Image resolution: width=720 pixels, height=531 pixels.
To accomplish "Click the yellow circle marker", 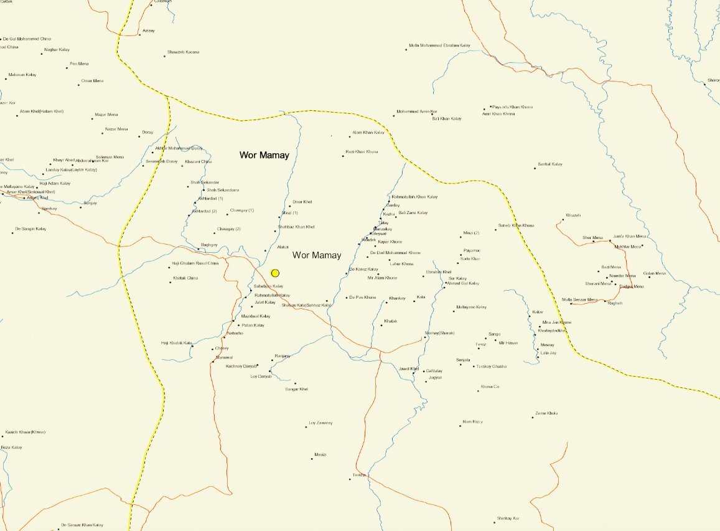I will (275, 273).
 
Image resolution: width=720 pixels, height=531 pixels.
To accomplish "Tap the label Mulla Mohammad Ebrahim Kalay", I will (439, 45).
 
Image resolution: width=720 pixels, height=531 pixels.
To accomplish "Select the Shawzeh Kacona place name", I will (184, 52).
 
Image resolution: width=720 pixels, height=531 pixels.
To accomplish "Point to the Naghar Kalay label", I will (57, 50).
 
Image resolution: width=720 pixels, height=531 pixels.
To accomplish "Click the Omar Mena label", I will (92, 81).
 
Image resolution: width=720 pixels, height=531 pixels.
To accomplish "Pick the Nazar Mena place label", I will (116, 129).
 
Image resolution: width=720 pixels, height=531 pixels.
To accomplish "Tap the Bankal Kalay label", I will (549, 164).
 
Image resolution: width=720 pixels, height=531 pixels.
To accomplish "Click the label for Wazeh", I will (573, 215).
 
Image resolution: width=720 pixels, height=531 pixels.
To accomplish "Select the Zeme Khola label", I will (546, 413).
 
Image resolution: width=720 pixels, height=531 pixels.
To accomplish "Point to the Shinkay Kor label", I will (508, 519).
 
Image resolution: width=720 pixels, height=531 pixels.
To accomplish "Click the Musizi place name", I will (320, 454).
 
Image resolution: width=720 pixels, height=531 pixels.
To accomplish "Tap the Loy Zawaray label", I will (320, 423).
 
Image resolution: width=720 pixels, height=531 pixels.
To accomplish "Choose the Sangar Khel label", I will (297, 389).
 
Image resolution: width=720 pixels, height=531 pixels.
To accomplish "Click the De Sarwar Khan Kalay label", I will (82, 525).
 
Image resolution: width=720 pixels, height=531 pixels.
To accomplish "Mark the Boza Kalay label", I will (11, 448).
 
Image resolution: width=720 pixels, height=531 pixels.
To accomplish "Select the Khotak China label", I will (185, 278).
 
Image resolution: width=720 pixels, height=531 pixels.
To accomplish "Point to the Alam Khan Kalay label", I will (368, 133).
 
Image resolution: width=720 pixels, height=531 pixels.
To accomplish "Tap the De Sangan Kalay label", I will (30, 229).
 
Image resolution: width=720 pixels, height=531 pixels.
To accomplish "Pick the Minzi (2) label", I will (471, 233).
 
